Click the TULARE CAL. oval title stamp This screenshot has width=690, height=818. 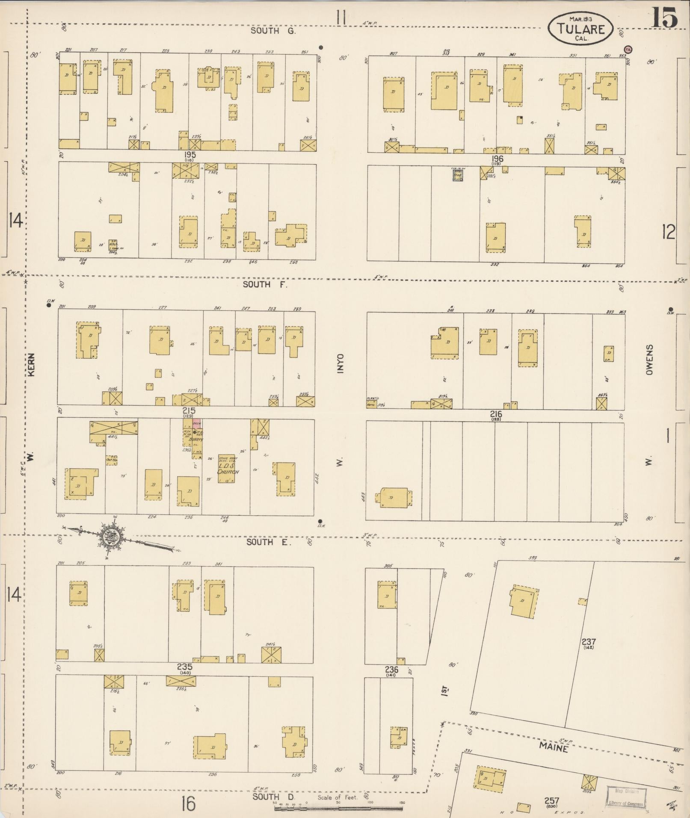(580, 28)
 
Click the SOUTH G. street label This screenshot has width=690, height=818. (267, 31)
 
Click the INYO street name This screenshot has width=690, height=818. (340, 363)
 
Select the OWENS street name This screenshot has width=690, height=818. (649, 360)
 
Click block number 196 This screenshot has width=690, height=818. (497, 159)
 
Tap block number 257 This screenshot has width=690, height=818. (551, 801)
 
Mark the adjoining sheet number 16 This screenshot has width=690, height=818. (188, 804)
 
